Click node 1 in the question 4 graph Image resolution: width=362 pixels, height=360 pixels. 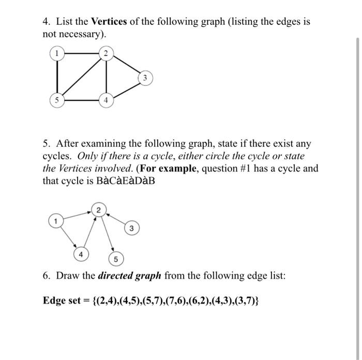click(55, 53)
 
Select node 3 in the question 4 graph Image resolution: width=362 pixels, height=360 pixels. click(145, 78)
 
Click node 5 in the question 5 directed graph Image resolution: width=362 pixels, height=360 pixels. click(116, 259)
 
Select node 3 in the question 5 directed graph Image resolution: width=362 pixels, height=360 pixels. click(132, 228)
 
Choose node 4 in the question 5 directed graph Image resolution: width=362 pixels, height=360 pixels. click(80, 254)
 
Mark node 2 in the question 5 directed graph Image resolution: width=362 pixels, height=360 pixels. click(97, 209)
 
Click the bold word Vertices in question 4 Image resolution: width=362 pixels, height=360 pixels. click(109, 22)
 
